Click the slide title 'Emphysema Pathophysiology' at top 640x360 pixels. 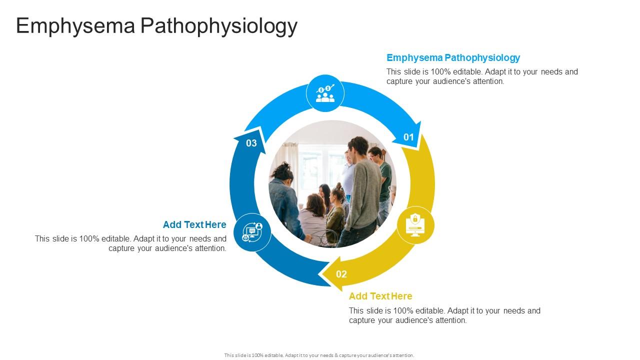(x=156, y=26)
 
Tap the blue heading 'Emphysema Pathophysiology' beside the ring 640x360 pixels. (x=453, y=57)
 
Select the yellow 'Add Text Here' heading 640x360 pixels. (x=380, y=296)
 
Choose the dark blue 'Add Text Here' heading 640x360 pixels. (x=194, y=224)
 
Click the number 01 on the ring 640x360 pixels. (x=409, y=137)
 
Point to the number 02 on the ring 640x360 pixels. (x=341, y=274)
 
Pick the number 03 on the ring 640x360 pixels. (x=251, y=143)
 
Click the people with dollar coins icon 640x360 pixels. (x=325, y=93)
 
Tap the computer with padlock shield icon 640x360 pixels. (x=415, y=225)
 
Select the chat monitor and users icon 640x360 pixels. (x=252, y=231)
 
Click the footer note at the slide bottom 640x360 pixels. (x=319, y=355)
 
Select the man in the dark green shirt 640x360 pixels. (x=383, y=175)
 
